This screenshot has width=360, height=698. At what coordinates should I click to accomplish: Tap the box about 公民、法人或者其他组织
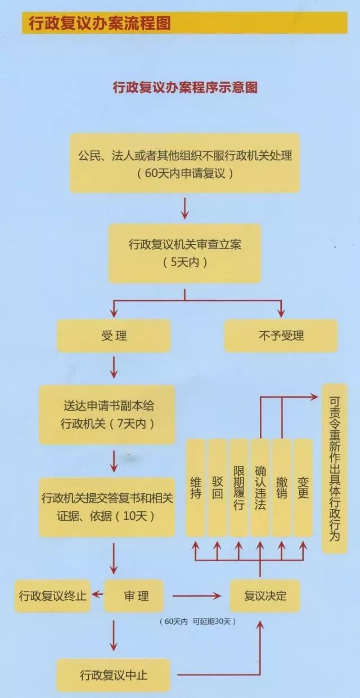point(185,164)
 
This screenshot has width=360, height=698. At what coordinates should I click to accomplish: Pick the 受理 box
point(114,336)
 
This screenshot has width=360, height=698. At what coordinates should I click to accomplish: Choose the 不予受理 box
point(281,336)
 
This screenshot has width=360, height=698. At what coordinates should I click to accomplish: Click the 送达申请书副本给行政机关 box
point(107,415)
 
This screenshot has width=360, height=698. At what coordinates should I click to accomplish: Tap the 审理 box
point(135,596)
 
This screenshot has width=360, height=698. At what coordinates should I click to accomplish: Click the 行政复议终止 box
point(53,596)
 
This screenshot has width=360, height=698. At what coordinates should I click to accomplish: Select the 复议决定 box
point(265,596)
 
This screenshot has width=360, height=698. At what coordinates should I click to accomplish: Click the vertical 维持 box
point(196,487)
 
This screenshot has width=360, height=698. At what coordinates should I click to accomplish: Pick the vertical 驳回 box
point(217,487)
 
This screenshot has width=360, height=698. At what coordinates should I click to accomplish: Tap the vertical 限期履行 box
point(238,487)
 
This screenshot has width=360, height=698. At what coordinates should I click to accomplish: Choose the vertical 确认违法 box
point(260,487)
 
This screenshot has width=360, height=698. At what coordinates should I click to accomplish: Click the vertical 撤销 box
point(282,487)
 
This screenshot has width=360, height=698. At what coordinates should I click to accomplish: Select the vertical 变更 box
point(303,487)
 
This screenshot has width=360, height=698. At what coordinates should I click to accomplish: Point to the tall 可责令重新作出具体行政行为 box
point(334,469)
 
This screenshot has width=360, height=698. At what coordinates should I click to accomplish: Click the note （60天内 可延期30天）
point(196,622)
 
